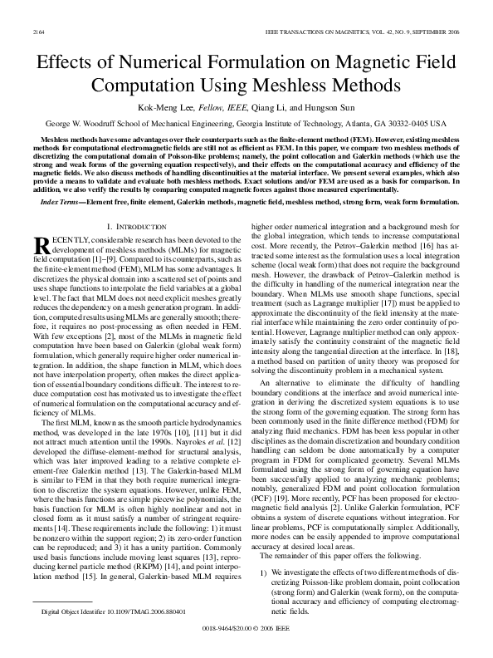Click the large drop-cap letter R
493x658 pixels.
coord(42,246)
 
